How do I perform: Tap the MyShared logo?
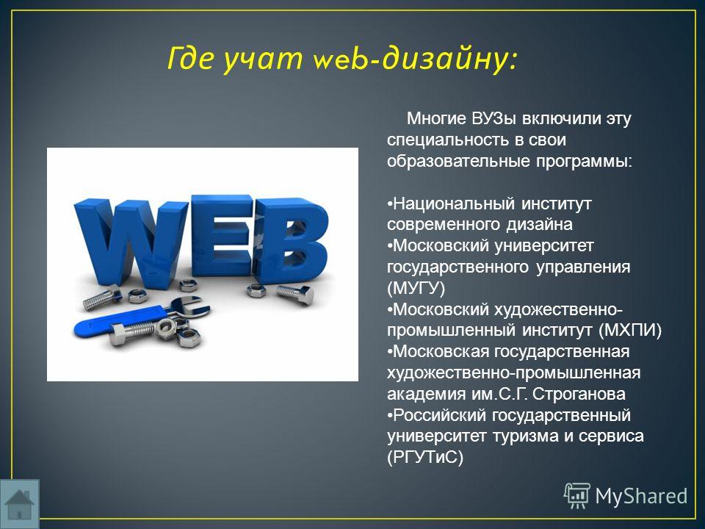coord(626,496)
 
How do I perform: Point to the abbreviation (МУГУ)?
coord(416,288)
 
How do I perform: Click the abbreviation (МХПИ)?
coord(630,330)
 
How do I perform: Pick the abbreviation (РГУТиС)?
coord(425,457)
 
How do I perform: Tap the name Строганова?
coord(579,394)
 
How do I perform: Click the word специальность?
coord(448,140)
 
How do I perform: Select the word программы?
coord(584,162)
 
